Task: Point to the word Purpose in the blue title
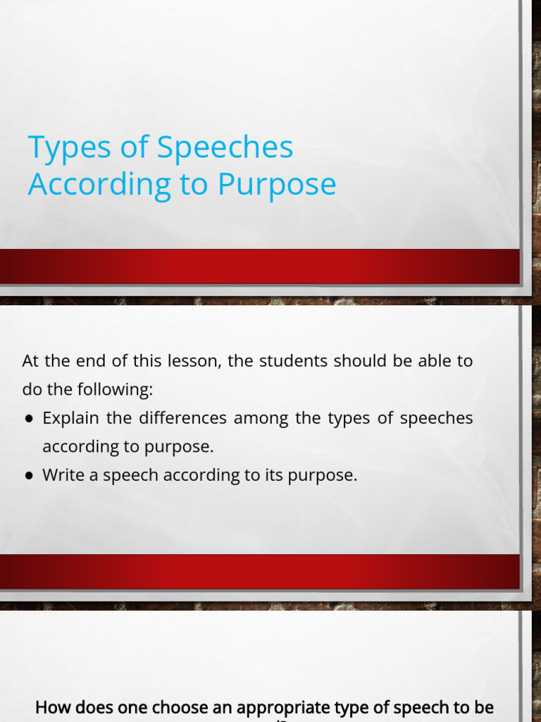[x=277, y=185]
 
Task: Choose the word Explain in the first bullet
[x=71, y=418]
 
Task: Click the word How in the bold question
[x=49, y=706]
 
